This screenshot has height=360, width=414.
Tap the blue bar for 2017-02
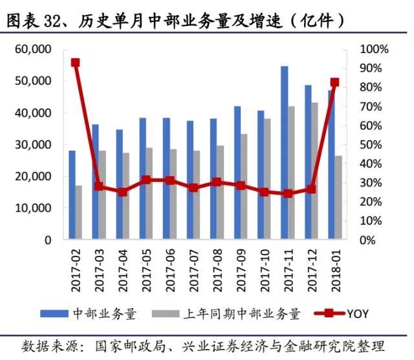click(72, 194)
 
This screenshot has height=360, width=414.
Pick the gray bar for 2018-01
click(340, 197)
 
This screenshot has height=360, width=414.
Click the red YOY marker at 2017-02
click(75, 63)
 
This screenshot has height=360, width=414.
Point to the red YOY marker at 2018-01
click(334, 82)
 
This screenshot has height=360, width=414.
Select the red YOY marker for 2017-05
click(146, 180)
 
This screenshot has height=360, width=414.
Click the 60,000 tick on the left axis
click(33, 49)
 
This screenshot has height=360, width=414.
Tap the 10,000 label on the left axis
click(33, 208)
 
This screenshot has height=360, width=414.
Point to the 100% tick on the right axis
click(375, 49)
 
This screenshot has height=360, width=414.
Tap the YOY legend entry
click(357, 314)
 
